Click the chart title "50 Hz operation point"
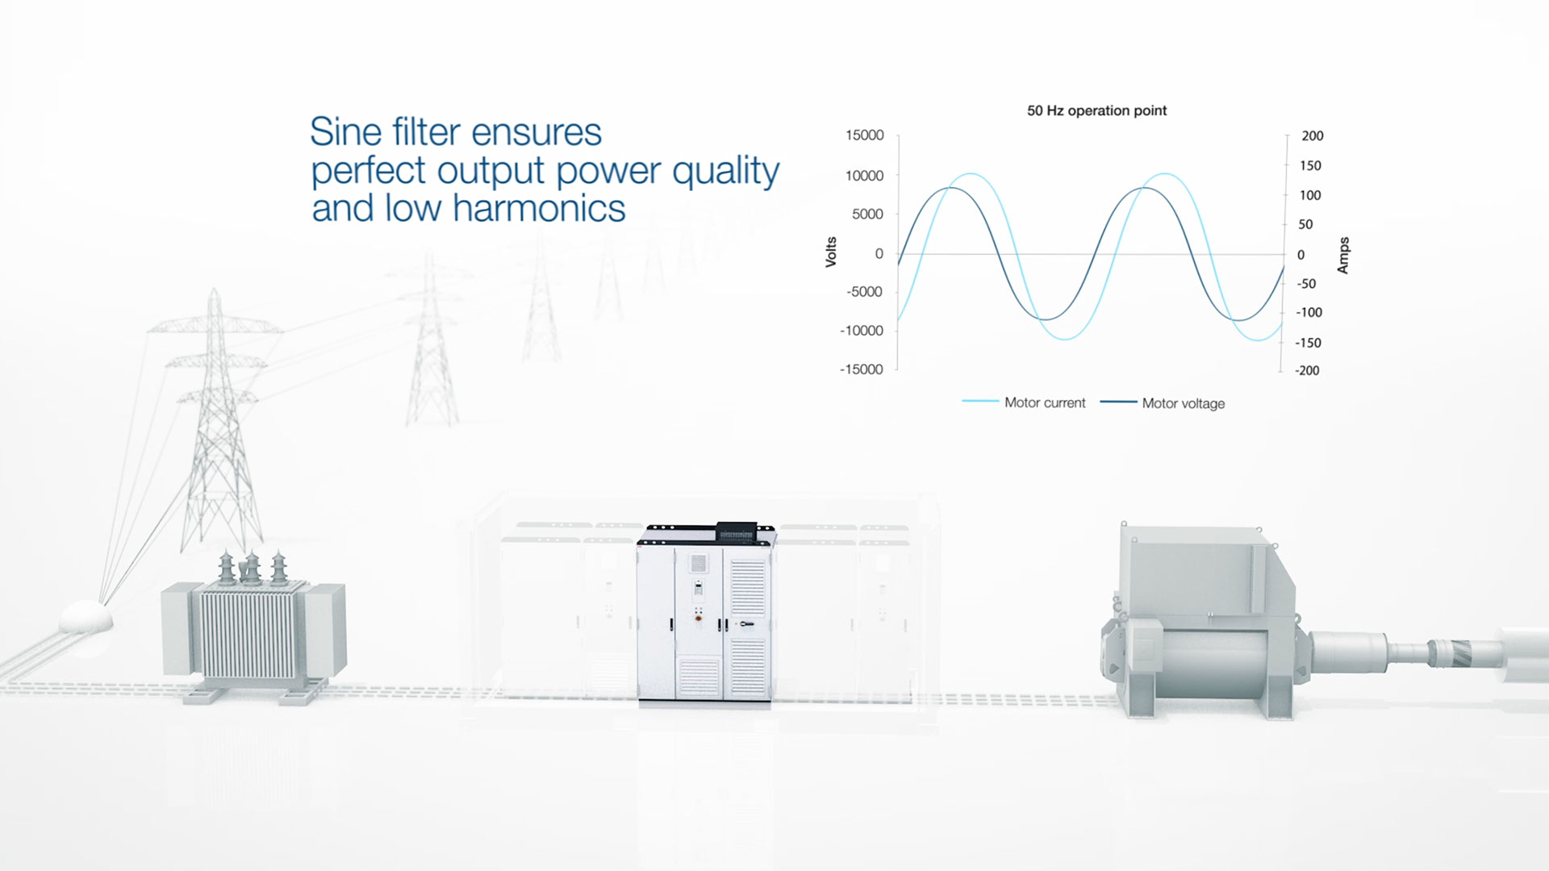tap(1096, 110)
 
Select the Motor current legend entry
tap(1024, 402)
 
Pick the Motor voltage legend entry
tap(1163, 403)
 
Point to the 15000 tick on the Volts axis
tap(865, 135)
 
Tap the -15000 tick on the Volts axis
tap(862, 369)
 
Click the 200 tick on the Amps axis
tap(1312, 136)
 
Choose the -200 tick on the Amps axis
tap(1307, 371)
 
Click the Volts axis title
tap(831, 252)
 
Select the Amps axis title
tap(1343, 256)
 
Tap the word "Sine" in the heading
tap(346, 132)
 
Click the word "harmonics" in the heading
tap(539, 208)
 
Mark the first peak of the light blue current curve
tap(971, 174)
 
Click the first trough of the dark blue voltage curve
tap(1045, 319)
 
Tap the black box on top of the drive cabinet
tap(738, 532)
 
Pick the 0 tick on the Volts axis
tap(879, 254)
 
